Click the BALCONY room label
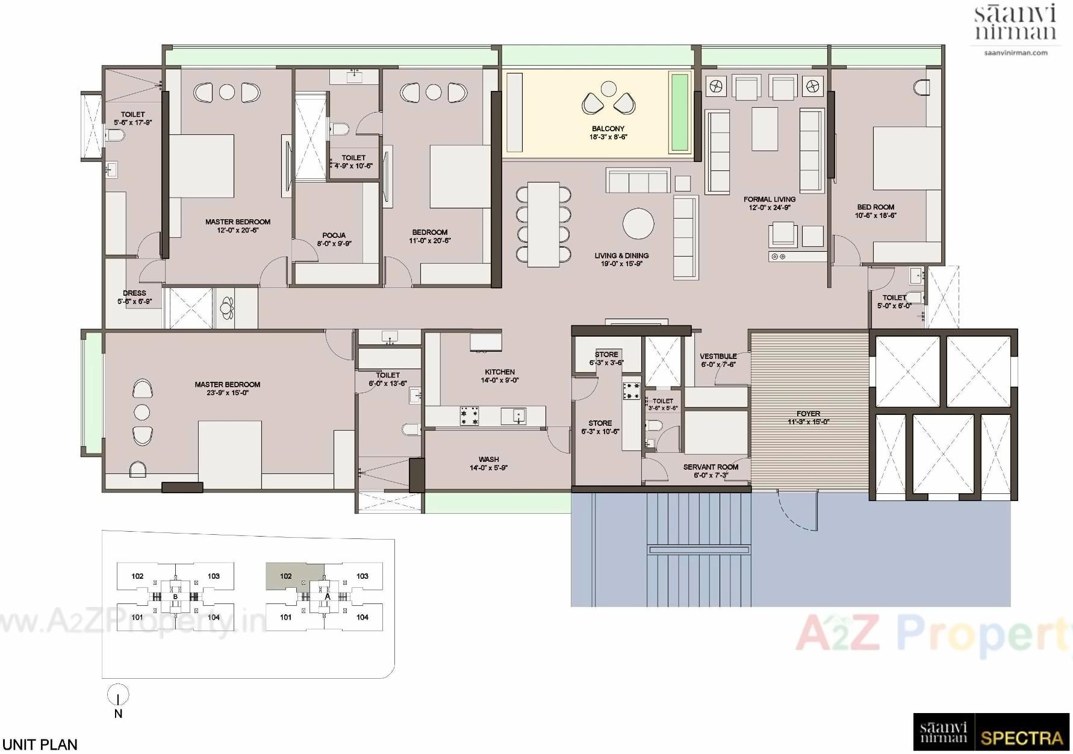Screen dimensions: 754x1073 tap(608, 129)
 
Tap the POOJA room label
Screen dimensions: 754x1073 tap(334, 235)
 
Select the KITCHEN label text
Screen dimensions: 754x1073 tap(499, 372)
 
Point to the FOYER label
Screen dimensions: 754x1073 tap(808, 414)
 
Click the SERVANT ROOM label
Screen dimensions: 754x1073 tap(711, 467)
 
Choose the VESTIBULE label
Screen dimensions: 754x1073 tap(718, 357)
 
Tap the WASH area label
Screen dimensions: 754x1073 tap(488, 460)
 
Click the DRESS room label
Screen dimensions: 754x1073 tap(134, 293)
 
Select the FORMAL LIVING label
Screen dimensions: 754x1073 tap(769, 199)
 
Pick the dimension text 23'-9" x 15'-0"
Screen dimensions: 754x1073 tap(228, 393)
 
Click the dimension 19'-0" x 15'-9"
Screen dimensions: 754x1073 tap(621, 264)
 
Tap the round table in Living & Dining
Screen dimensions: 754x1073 tap(638, 223)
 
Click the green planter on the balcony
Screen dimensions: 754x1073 tap(680, 112)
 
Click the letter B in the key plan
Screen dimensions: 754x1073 tap(175, 597)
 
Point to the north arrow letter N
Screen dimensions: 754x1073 tap(118, 714)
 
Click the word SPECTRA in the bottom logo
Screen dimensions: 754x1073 tap(1021, 738)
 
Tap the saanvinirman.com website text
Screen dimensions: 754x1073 tap(1015, 53)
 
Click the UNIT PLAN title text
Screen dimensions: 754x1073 tap(40, 744)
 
